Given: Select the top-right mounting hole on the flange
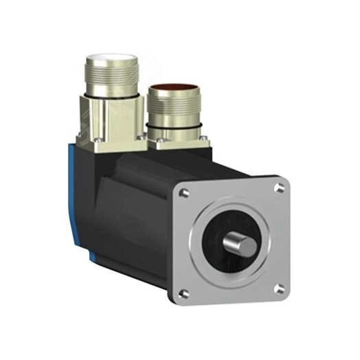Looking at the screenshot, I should pyautogui.click(x=278, y=185).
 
